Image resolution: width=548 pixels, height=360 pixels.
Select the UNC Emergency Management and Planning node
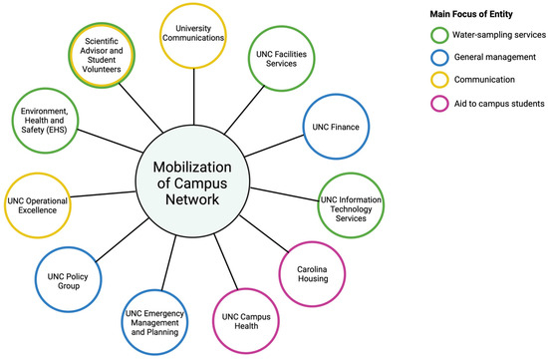click(158, 321)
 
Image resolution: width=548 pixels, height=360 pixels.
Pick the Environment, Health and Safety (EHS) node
click(43, 127)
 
